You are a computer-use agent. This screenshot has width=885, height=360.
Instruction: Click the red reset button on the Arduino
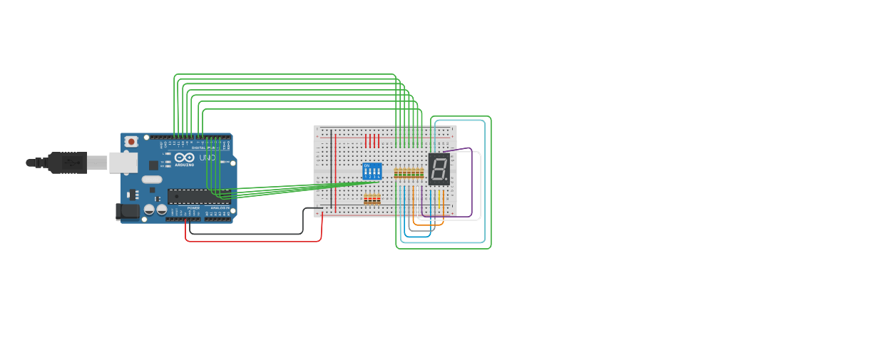[x=131, y=142]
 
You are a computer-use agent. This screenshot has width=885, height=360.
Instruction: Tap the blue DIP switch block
[x=372, y=171]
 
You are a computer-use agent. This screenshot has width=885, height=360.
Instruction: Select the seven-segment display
[x=439, y=169]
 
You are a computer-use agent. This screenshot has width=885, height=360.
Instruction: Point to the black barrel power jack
[x=127, y=211]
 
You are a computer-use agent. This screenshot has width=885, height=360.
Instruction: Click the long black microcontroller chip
[x=198, y=196]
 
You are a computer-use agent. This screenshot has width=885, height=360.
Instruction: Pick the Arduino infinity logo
[x=184, y=158]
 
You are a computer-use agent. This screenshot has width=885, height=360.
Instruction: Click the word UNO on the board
[x=207, y=158]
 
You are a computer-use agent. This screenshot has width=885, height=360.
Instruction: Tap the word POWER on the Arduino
[x=193, y=208]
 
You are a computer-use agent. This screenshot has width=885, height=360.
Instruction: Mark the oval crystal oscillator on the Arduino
[x=152, y=180]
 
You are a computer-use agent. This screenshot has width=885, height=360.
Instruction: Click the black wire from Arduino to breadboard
[x=246, y=233]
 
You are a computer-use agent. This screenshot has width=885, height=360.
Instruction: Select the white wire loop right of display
[x=480, y=185]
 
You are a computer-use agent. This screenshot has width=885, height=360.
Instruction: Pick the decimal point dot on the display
[x=446, y=179]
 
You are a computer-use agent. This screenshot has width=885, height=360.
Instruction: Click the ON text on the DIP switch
[x=367, y=165]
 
